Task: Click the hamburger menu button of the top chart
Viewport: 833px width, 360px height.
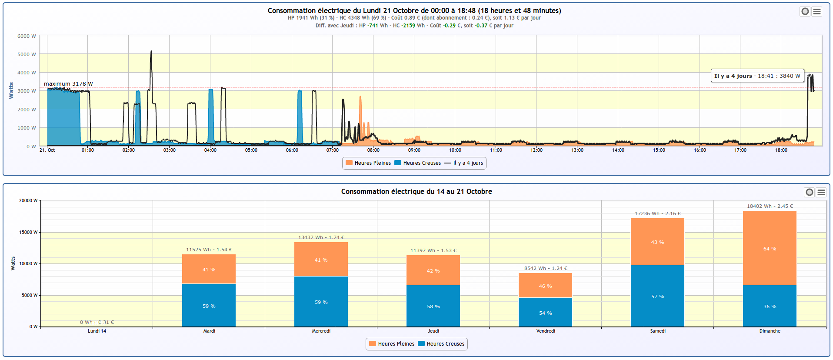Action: (x=817, y=12)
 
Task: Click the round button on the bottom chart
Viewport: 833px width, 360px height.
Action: (x=809, y=192)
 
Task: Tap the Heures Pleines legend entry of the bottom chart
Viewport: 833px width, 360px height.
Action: (x=392, y=344)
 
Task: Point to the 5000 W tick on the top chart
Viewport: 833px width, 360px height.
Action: (x=27, y=54)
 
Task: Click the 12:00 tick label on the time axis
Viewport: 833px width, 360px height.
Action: (x=536, y=150)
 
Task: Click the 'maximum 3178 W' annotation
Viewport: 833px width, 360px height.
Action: (x=68, y=84)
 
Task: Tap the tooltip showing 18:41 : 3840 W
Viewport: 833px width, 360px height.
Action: (x=757, y=76)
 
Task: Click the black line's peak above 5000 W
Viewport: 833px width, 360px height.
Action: (x=151, y=52)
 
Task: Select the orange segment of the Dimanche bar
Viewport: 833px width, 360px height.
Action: (x=770, y=248)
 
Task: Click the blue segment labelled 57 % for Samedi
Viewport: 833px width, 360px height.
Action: (x=657, y=296)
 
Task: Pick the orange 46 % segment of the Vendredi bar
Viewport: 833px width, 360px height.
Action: (x=545, y=285)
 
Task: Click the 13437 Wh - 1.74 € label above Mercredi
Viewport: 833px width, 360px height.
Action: (x=321, y=237)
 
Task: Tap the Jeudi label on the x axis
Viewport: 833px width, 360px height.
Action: (x=433, y=331)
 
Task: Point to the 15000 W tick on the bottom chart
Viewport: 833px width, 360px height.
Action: (x=28, y=232)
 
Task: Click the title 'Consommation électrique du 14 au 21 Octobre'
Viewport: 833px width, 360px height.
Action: (x=416, y=191)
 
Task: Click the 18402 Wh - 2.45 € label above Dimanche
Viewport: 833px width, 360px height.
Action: (x=770, y=206)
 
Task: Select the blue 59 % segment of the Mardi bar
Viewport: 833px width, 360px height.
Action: (x=209, y=306)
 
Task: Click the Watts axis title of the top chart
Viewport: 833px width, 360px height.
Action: (x=11, y=90)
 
